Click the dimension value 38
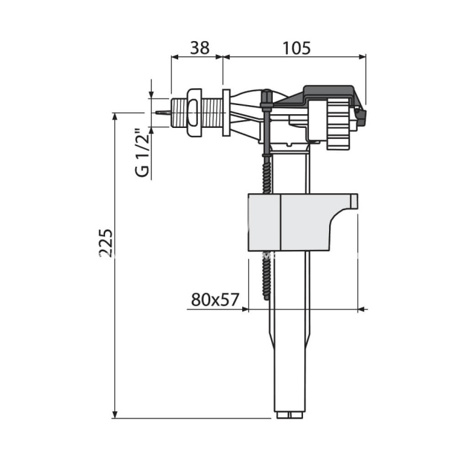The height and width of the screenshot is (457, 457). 200,48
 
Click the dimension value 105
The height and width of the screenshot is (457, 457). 296,48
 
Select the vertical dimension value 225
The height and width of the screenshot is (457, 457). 106,243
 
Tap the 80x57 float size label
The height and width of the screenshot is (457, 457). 215,299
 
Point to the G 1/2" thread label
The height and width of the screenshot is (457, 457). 142,153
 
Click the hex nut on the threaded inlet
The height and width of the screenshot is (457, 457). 194,112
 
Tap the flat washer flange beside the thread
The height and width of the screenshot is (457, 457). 227,112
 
